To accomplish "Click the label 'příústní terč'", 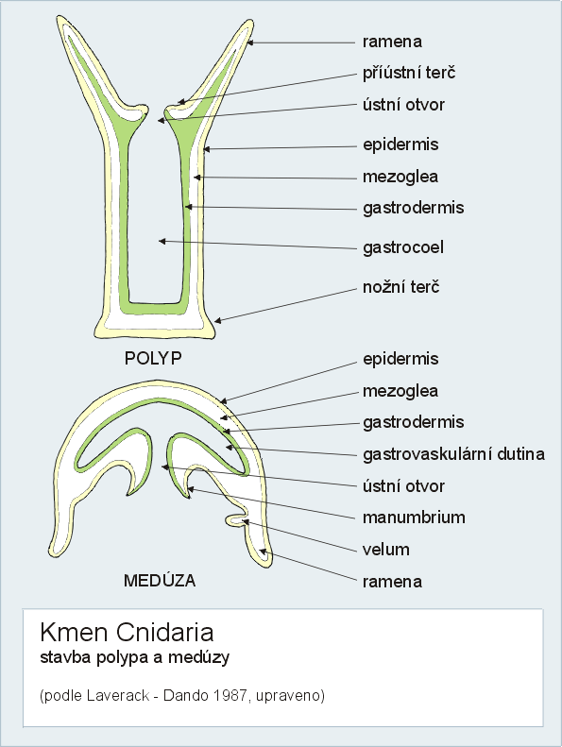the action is coord(409,74).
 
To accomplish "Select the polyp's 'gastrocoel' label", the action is coord(403,247).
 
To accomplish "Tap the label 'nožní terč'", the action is coord(400,287).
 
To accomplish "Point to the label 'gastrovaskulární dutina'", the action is coord(453,454).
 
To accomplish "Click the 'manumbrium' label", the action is coord(414,518).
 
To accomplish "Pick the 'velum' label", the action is coord(386,550).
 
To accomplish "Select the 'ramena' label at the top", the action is coord(392,42).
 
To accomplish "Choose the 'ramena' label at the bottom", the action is coord(392,582).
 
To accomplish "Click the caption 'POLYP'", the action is coord(153,358).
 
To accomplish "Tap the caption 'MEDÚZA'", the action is coord(160,580).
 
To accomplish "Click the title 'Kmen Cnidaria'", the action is coord(127,633).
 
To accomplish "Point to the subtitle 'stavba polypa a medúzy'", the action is coord(135,658).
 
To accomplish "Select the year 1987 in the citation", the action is coord(230,696).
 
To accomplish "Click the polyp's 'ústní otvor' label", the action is coord(403,105).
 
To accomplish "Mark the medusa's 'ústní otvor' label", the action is coord(403,486).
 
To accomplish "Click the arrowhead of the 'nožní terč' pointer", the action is coord(217,321).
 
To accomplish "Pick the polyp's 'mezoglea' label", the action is coord(400,178).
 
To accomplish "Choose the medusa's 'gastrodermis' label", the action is coord(414,422).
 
